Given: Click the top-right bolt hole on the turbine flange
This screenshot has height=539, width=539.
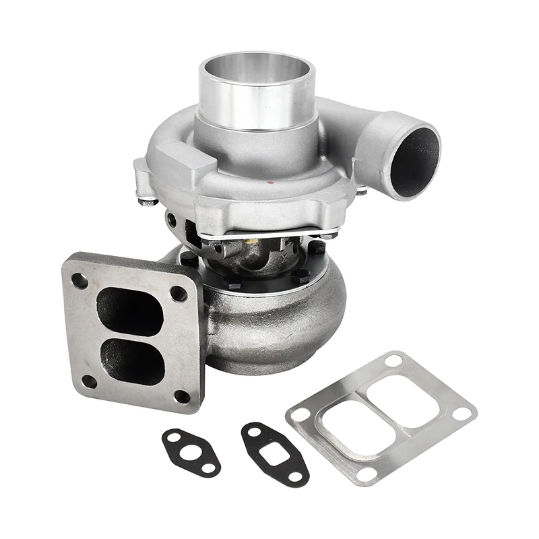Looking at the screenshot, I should click(x=179, y=293).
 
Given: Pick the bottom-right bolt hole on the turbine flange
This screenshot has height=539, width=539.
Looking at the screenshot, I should click(x=182, y=396).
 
